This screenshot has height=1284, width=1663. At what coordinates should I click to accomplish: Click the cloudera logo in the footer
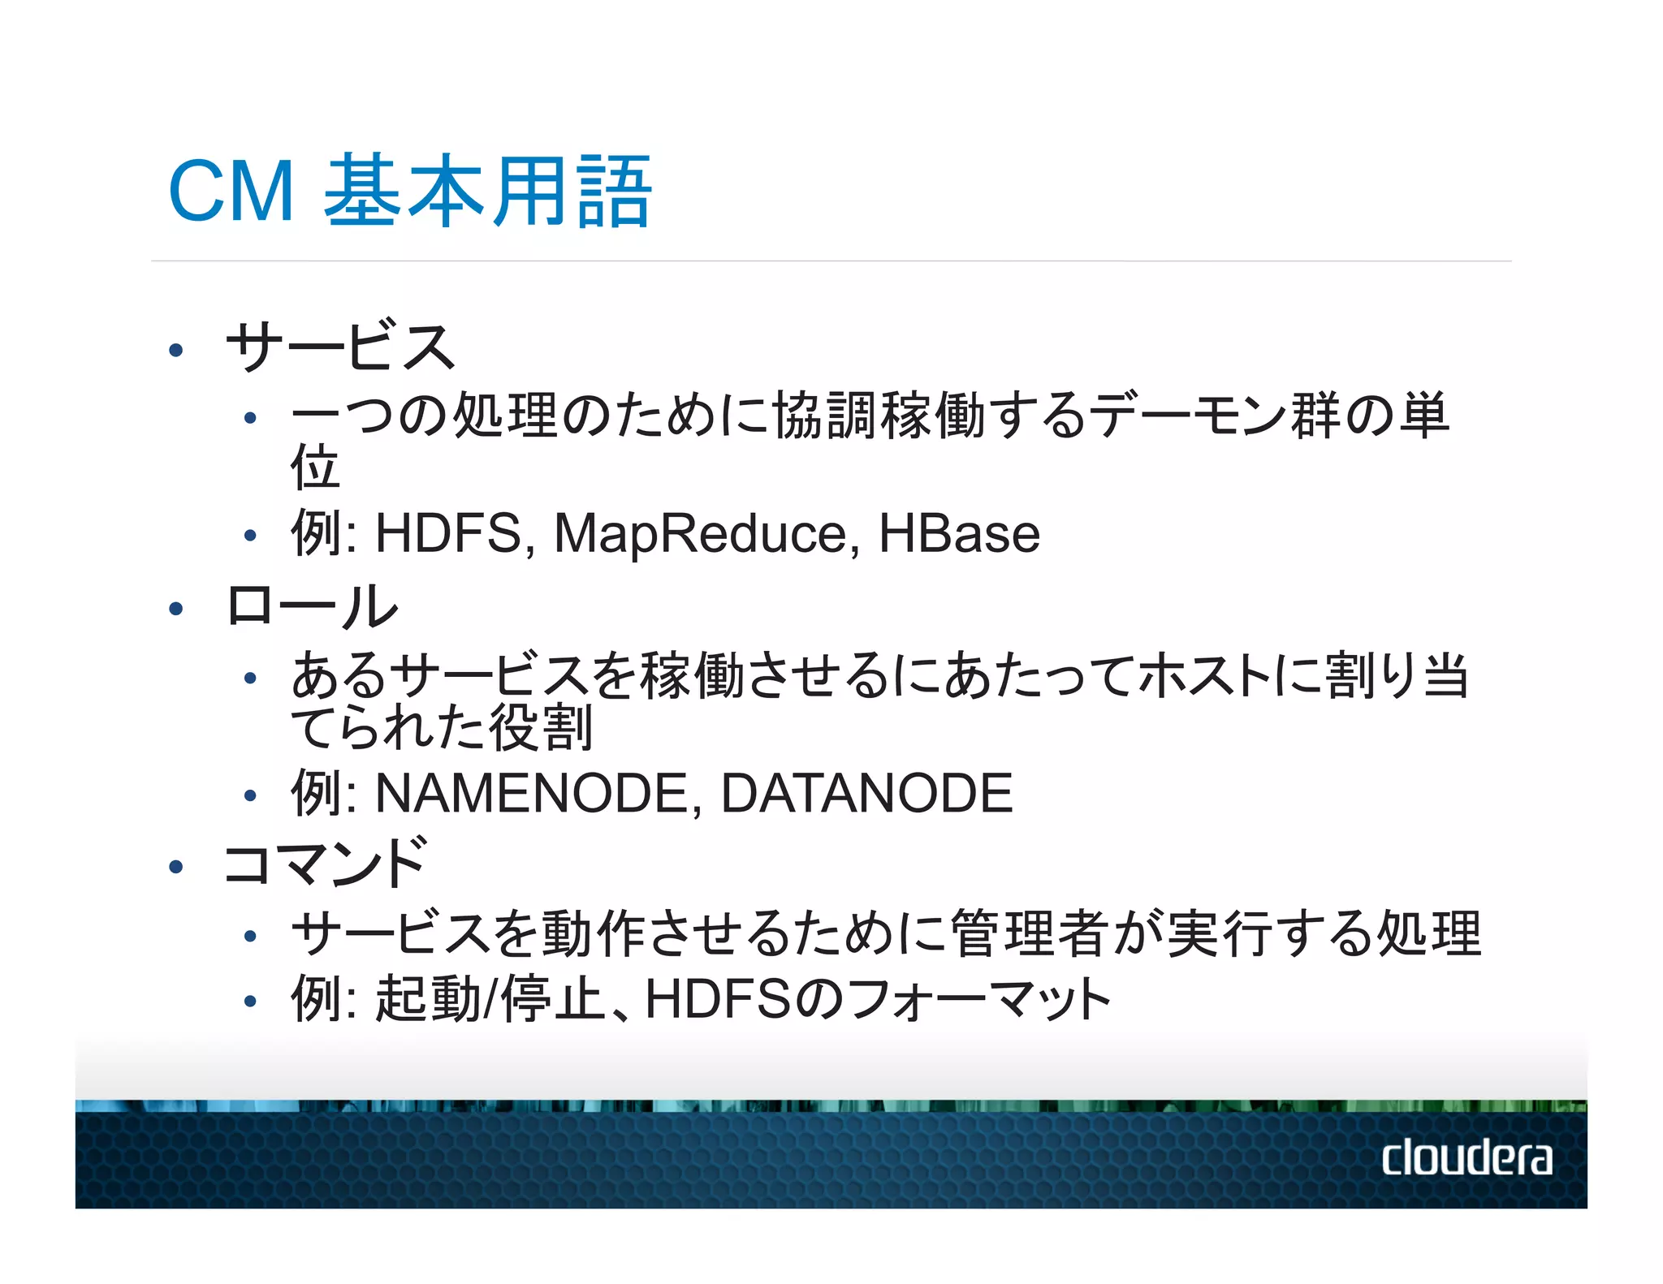coord(1466,1157)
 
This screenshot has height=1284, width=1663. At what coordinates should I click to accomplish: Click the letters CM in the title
coord(231,192)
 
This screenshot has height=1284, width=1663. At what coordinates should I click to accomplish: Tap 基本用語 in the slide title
coord(487,192)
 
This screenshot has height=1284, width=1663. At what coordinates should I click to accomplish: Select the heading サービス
coord(340,347)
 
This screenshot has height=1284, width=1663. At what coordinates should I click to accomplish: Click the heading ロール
coord(313,606)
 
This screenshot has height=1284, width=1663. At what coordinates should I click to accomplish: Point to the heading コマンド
coord(325,863)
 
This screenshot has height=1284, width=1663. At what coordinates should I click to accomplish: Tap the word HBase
coord(959,534)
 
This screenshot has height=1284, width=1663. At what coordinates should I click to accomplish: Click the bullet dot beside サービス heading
coord(175,351)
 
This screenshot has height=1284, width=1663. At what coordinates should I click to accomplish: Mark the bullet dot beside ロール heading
coord(175,609)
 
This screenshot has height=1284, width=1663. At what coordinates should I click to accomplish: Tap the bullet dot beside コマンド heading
coord(175,867)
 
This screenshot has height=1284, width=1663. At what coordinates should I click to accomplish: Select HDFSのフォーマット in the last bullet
coord(877,999)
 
